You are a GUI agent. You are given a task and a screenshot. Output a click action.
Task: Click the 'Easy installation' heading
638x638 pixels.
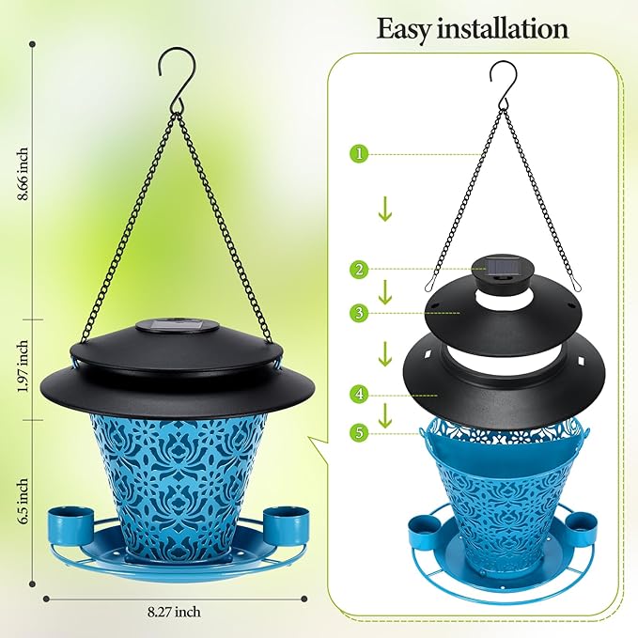[473, 28]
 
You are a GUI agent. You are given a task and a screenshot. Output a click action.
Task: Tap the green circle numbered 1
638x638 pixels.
[358, 152]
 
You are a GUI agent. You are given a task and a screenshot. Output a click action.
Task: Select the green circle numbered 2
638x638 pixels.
[358, 270]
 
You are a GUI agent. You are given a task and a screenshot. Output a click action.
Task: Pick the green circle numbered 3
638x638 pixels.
[358, 312]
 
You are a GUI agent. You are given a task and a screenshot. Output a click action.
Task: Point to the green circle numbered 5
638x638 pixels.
[358, 433]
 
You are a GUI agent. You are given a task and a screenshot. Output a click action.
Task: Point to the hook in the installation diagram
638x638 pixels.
[497, 81]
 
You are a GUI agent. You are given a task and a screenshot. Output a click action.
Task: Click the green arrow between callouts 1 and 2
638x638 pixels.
[385, 210]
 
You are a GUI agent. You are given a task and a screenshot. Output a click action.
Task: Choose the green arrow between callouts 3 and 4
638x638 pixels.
[385, 354]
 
